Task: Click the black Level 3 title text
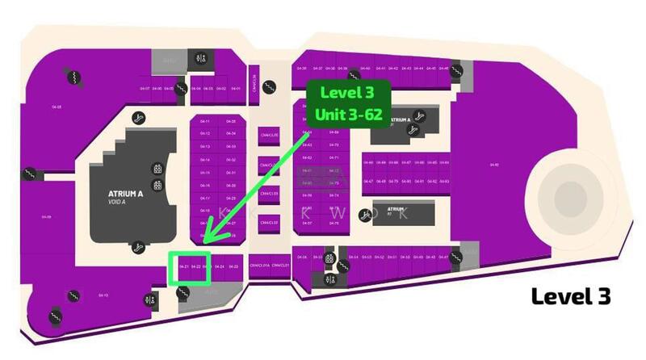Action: click(569, 296)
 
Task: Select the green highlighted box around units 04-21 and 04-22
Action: click(190, 267)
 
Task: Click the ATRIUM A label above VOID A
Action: click(125, 194)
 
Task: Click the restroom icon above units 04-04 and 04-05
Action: click(202, 58)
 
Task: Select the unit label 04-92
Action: click(495, 165)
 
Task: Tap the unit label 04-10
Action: click(103, 295)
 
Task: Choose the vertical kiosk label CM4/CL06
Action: click(254, 82)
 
